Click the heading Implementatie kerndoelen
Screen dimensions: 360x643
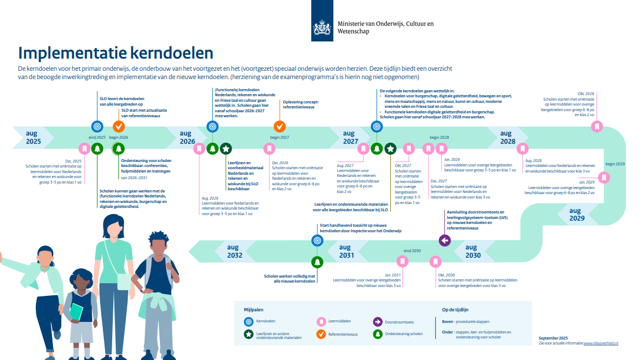[x=116, y=53]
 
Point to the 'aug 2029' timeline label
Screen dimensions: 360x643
[x=577, y=215]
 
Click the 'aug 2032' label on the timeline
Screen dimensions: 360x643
[x=234, y=252]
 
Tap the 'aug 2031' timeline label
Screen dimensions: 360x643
[x=347, y=252]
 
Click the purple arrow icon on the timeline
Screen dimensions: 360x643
[x=445, y=241]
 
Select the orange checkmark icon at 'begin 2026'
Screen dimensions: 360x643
[x=119, y=127]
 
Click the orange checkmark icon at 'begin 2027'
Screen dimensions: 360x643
[x=280, y=127]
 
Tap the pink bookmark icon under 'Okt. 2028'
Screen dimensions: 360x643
[x=597, y=127]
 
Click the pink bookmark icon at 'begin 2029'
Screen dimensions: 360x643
[x=605, y=178]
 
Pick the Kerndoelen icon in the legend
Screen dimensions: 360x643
[x=248, y=322]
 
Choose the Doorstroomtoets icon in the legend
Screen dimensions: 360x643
[x=378, y=322]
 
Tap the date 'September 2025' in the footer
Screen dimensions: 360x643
[x=553, y=337]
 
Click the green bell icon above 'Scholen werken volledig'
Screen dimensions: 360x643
[x=317, y=262]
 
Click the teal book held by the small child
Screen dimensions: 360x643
[x=76, y=312]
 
